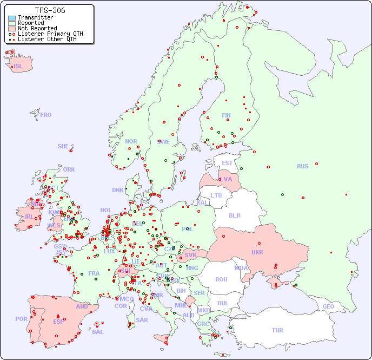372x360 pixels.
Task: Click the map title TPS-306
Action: point(50,10)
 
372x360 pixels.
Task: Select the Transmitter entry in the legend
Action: point(35,17)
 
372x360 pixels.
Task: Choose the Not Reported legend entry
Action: point(37,28)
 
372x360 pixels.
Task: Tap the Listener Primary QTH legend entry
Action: point(50,34)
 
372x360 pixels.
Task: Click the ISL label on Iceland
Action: point(18,67)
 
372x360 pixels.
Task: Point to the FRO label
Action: point(46,115)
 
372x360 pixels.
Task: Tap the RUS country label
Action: point(302,166)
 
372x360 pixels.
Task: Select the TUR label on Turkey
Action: point(277,330)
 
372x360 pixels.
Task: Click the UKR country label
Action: point(257,252)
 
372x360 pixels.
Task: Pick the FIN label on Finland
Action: point(226,115)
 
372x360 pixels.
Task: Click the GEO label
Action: point(328,306)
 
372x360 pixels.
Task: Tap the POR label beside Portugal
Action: point(21,319)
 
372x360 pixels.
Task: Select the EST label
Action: point(227,163)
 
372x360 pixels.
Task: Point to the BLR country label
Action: point(235,215)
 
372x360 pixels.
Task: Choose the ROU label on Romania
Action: point(221,279)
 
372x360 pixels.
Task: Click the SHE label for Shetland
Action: point(63,146)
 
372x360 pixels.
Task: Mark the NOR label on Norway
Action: point(131,141)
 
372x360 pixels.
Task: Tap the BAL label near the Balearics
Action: point(98,332)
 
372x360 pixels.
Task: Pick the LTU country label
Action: point(216,195)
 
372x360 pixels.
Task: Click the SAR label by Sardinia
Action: point(142,320)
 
